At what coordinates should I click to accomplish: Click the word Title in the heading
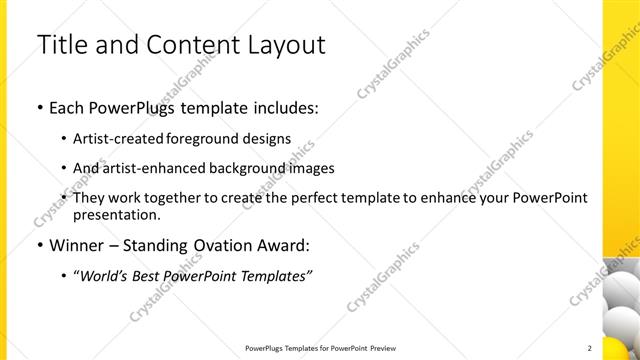(60, 45)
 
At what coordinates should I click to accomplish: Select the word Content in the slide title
(192, 45)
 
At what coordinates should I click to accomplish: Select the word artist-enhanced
(149, 168)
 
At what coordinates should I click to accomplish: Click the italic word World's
(106, 275)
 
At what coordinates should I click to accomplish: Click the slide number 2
(589, 348)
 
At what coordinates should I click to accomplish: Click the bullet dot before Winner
(39, 244)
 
